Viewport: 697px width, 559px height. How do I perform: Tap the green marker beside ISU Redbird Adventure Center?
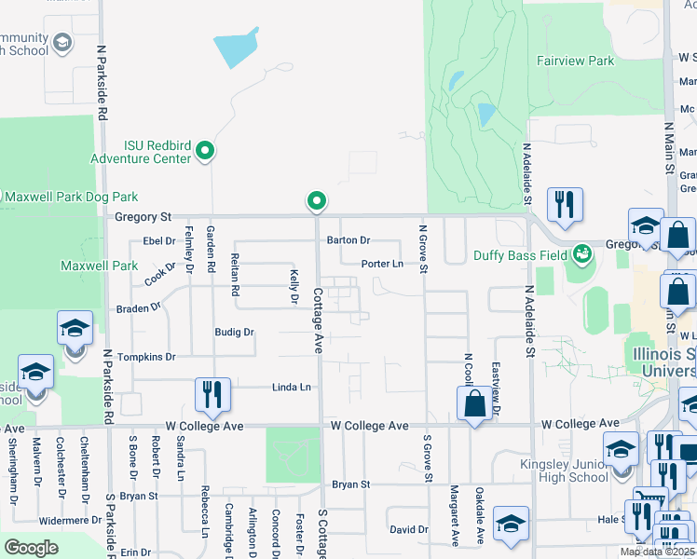pyautogui.click(x=207, y=151)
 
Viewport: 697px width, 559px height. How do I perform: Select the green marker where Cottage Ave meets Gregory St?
pyautogui.click(x=317, y=200)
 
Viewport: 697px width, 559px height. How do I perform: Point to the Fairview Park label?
pyautogui.click(x=575, y=61)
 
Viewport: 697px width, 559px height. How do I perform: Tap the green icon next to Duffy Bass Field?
pyautogui.click(x=582, y=252)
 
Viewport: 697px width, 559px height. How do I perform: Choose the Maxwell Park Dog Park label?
pyautogui.click(x=71, y=197)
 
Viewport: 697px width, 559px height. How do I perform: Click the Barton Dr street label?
pyautogui.click(x=348, y=240)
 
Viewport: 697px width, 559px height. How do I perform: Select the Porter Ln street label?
pyautogui.click(x=382, y=264)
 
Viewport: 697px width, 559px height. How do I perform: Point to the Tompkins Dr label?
pyautogui.click(x=145, y=357)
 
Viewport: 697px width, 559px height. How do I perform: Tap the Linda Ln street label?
pyautogui.click(x=291, y=387)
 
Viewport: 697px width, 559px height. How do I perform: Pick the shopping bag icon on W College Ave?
pyautogui.click(x=474, y=403)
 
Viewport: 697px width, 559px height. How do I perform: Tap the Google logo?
pyautogui.click(x=31, y=547)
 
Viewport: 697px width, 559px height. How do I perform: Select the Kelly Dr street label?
pyautogui.click(x=294, y=286)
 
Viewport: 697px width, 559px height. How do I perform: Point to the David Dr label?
pyautogui.click(x=409, y=529)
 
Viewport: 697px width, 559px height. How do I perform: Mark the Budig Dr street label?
pyautogui.click(x=234, y=332)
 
